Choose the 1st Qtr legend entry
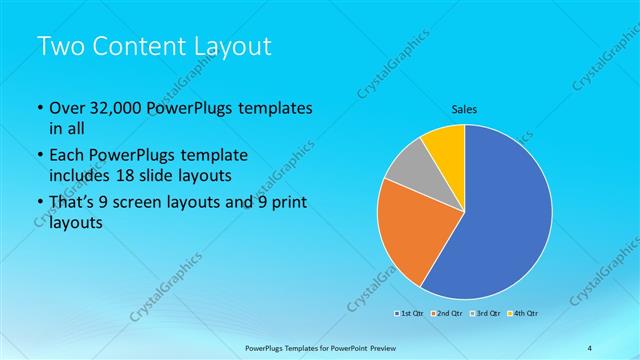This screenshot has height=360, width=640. point(409,314)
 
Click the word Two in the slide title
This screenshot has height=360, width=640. point(62,46)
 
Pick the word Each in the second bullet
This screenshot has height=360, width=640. point(68,156)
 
